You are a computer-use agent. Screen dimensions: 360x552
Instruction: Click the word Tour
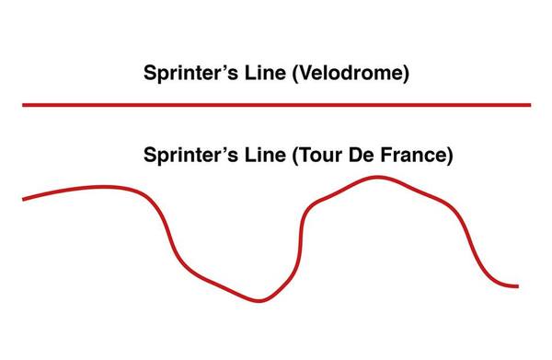(321, 155)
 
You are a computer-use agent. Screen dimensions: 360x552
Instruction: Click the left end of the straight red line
(25, 105)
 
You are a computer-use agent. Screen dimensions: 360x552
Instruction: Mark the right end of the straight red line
(529, 105)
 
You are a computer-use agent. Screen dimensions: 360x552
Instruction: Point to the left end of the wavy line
(24, 198)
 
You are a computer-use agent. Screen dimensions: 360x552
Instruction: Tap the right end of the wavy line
(517, 285)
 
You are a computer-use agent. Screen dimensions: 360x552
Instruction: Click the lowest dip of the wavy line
(259, 300)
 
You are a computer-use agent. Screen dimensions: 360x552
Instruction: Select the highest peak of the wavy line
(376, 177)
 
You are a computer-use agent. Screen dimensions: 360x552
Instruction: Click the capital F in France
(389, 155)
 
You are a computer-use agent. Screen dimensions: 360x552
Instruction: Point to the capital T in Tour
(304, 155)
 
